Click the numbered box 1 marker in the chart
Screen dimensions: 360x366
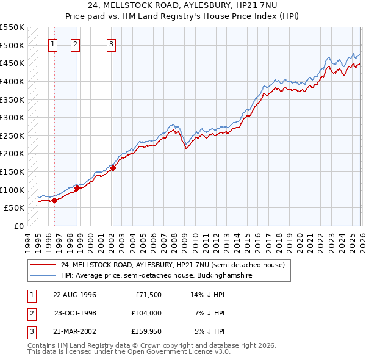(x=53, y=43)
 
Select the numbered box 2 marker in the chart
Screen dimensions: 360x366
(x=75, y=43)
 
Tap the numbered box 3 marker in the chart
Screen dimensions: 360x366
(x=112, y=43)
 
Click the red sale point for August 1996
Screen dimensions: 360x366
(x=55, y=200)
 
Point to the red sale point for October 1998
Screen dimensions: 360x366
(x=77, y=188)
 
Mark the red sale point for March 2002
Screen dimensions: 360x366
(x=113, y=168)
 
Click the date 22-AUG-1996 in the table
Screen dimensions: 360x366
(x=74, y=294)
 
